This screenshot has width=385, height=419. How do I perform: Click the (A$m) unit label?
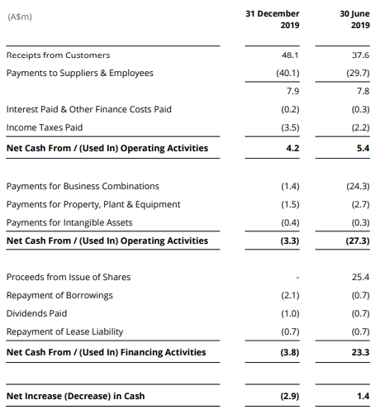[x=20, y=17]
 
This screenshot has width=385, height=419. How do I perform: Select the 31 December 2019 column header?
[x=273, y=19]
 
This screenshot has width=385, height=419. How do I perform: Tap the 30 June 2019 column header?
[x=354, y=19]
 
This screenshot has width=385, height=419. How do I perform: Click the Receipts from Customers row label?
[x=58, y=55]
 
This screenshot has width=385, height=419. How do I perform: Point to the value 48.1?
[x=290, y=55]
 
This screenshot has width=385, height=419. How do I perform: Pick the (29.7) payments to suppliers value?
[x=358, y=73]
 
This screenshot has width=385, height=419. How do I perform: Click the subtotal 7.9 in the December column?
[x=292, y=91]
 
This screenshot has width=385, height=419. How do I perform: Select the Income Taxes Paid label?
[x=45, y=127]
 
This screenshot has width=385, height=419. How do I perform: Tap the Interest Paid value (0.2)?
[x=290, y=109]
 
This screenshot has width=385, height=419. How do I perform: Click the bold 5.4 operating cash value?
[x=363, y=148]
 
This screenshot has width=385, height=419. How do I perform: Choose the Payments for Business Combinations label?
[x=83, y=186]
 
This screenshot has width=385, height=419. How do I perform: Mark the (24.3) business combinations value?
[x=358, y=186]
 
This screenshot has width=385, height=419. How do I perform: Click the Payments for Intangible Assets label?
[x=69, y=222]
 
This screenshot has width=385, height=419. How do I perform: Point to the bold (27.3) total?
[x=358, y=240]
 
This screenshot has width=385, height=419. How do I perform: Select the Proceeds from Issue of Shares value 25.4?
[x=360, y=277]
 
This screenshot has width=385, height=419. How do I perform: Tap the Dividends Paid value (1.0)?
[x=290, y=313]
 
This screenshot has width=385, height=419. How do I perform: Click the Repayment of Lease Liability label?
[x=64, y=331]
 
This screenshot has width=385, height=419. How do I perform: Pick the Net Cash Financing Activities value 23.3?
[x=360, y=352]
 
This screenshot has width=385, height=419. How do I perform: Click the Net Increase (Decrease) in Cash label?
[x=75, y=396]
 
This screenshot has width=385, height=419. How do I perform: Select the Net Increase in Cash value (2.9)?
[x=290, y=396]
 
